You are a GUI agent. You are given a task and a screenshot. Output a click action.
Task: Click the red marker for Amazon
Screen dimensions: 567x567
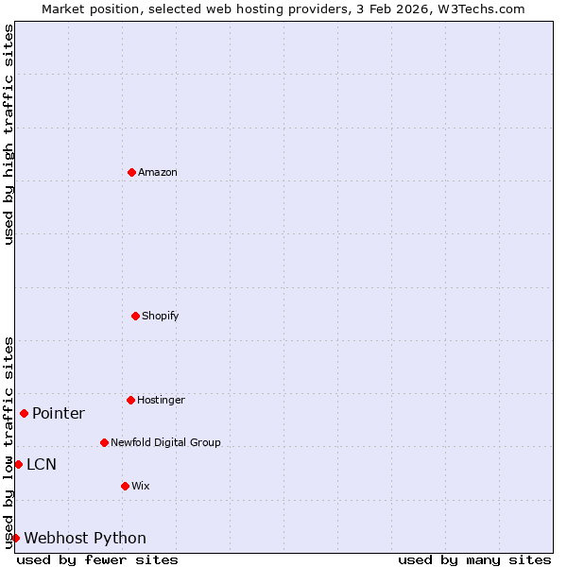point(131,172)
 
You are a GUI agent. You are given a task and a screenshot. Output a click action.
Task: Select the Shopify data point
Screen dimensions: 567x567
point(135,316)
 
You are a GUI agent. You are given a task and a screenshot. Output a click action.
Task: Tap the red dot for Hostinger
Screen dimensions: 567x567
point(130,400)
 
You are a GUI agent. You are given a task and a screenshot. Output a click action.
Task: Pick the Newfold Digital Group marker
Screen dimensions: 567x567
point(104,442)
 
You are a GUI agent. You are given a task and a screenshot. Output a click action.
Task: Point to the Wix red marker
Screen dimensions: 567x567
point(125,486)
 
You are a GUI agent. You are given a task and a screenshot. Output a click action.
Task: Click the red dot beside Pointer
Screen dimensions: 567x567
point(24,413)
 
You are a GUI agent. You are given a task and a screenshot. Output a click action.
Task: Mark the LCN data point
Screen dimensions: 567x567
point(18,464)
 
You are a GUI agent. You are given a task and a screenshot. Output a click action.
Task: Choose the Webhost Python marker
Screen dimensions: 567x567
point(15,538)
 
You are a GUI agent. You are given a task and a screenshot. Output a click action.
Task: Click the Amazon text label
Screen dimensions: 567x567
point(158,172)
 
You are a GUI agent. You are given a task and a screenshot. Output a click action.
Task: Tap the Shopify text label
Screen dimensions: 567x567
point(161,316)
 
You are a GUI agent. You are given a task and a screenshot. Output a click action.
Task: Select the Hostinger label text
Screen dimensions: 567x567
point(161,400)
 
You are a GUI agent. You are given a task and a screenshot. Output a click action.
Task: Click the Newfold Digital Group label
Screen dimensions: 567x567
point(165,442)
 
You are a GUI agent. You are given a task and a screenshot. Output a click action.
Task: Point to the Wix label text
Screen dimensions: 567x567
point(141,486)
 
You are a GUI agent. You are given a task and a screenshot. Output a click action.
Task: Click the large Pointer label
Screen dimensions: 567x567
point(59,413)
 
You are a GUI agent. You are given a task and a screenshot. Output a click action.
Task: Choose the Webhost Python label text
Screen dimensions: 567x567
point(85,538)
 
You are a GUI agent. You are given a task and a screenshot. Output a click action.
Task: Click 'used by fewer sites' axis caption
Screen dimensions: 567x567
point(97,559)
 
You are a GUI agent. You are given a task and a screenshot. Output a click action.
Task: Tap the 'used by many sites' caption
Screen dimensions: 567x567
point(474,559)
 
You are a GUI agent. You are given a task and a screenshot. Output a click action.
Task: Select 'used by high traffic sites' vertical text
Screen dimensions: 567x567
point(9,134)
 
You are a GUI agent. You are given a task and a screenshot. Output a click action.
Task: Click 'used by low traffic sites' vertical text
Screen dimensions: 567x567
point(9,442)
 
